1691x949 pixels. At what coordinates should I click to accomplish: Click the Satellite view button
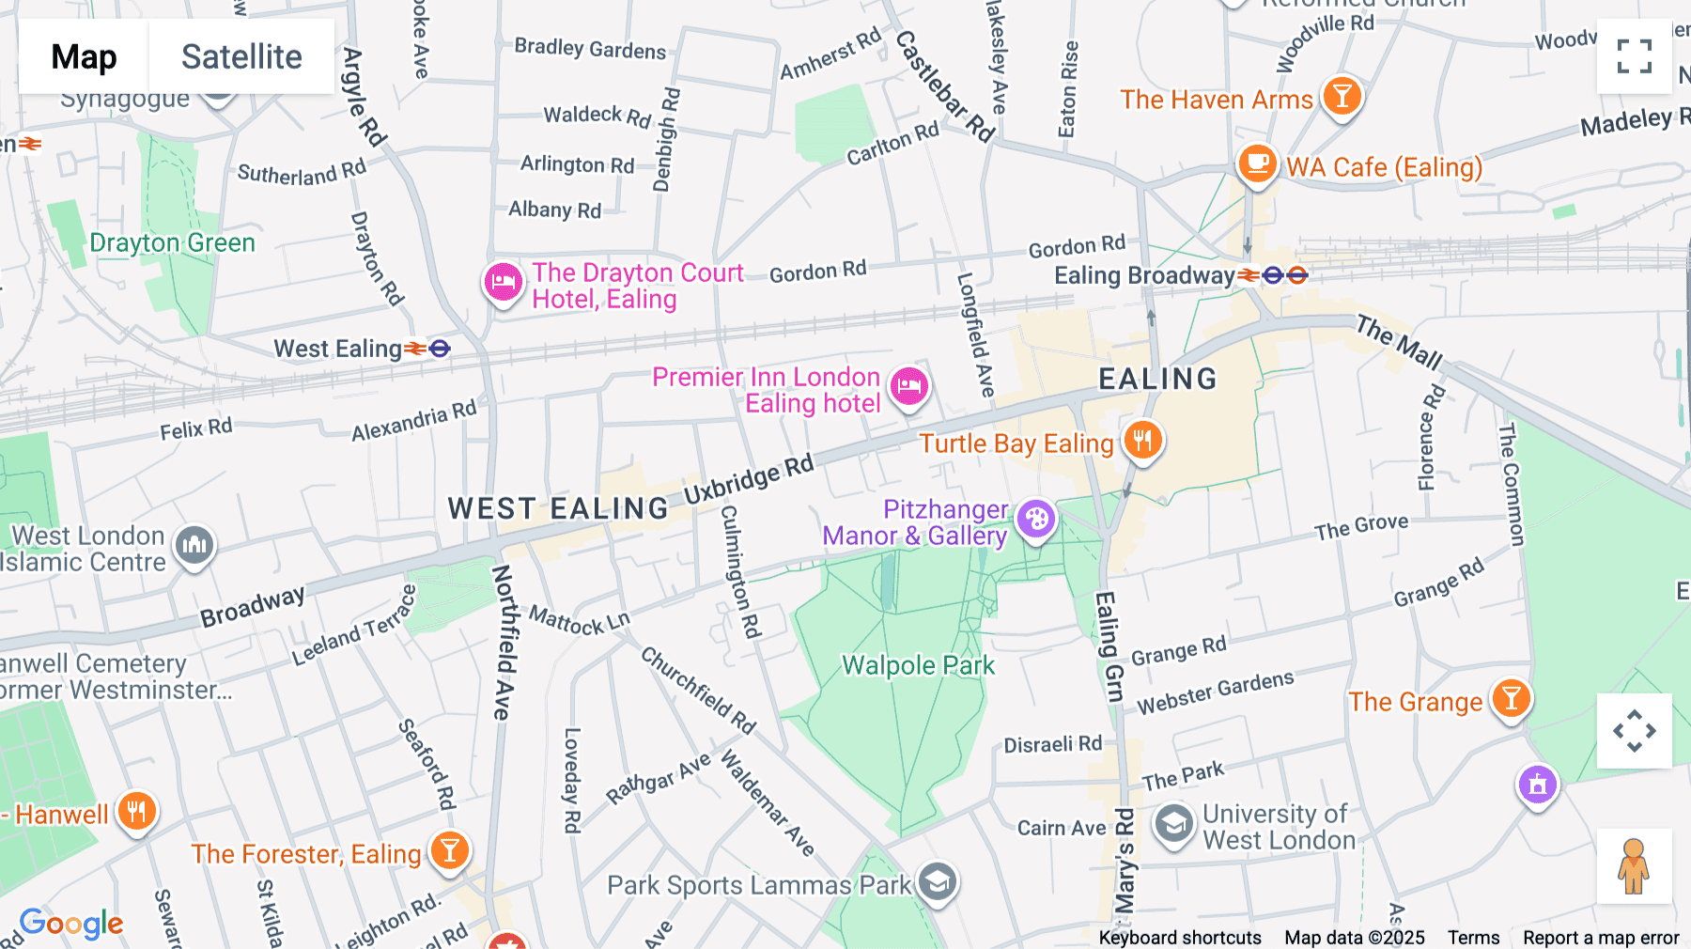click(241, 56)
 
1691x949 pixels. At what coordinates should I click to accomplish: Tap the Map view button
click(84, 56)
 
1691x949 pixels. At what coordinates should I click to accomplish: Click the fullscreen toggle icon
click(1634, 56)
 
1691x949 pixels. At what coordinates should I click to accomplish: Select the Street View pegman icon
click(1634, 866)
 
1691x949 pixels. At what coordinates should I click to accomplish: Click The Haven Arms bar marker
click(1342, 96)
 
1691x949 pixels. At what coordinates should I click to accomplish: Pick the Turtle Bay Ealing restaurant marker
click(1142, 439)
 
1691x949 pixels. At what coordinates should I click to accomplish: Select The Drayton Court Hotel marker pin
click(504, 282)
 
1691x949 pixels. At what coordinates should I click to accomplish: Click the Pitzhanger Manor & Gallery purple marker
click(1036, 519)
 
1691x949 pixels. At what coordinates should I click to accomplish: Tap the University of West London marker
click(1173, 824)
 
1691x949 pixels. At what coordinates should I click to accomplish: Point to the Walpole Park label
click(918, 665)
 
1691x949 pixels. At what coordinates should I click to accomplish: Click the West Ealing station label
click(338, 349)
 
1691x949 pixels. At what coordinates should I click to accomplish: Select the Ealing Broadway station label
click(1143, 275)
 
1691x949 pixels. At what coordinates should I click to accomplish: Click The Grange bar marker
click(1511, 698)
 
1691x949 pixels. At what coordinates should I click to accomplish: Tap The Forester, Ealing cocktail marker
click(449, 850)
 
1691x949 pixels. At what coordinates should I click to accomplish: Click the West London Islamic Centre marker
click(194, 545)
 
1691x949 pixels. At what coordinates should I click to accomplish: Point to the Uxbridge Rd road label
click(748, 479)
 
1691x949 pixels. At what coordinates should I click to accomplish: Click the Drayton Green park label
click(172, 242)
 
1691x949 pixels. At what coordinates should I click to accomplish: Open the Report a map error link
click(1601, 938)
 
